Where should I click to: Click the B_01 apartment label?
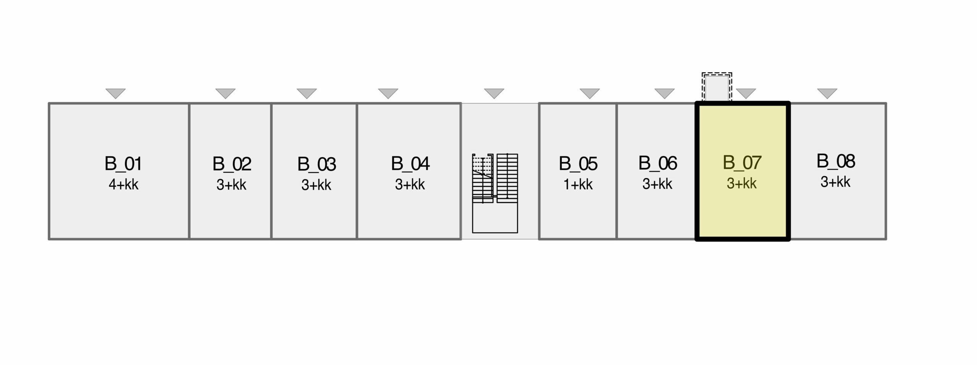click(x=123, y=164)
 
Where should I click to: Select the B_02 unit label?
click(x=232, y=164)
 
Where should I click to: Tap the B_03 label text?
click(x=316, y=164)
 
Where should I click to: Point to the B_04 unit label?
click(x=410, y=164)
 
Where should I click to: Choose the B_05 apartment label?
click(x=578, y=164)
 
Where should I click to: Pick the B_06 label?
click(x=658, y=163)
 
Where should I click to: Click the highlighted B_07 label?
click(x=742, y=163)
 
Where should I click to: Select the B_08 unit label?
click(x=836, y=161)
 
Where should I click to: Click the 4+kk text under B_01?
click(x=123, y=185)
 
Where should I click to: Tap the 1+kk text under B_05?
click(x=578, y=185)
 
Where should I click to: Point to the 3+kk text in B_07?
click(x=742, y=184)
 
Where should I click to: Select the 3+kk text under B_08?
click(x=835, y=182)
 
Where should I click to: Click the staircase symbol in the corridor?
click(x=495, y=193)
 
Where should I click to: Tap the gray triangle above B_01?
click(x=116, y=93)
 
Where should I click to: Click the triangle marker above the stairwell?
click(x=494, y=93)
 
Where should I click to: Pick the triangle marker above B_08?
click(x=827, y=93)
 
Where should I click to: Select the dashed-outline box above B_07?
click(x=717, y=87)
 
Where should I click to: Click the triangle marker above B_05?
click(x=590, y=93)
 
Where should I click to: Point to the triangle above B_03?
click(x=307, y=93)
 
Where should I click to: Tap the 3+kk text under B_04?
click(x=410, y=185)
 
